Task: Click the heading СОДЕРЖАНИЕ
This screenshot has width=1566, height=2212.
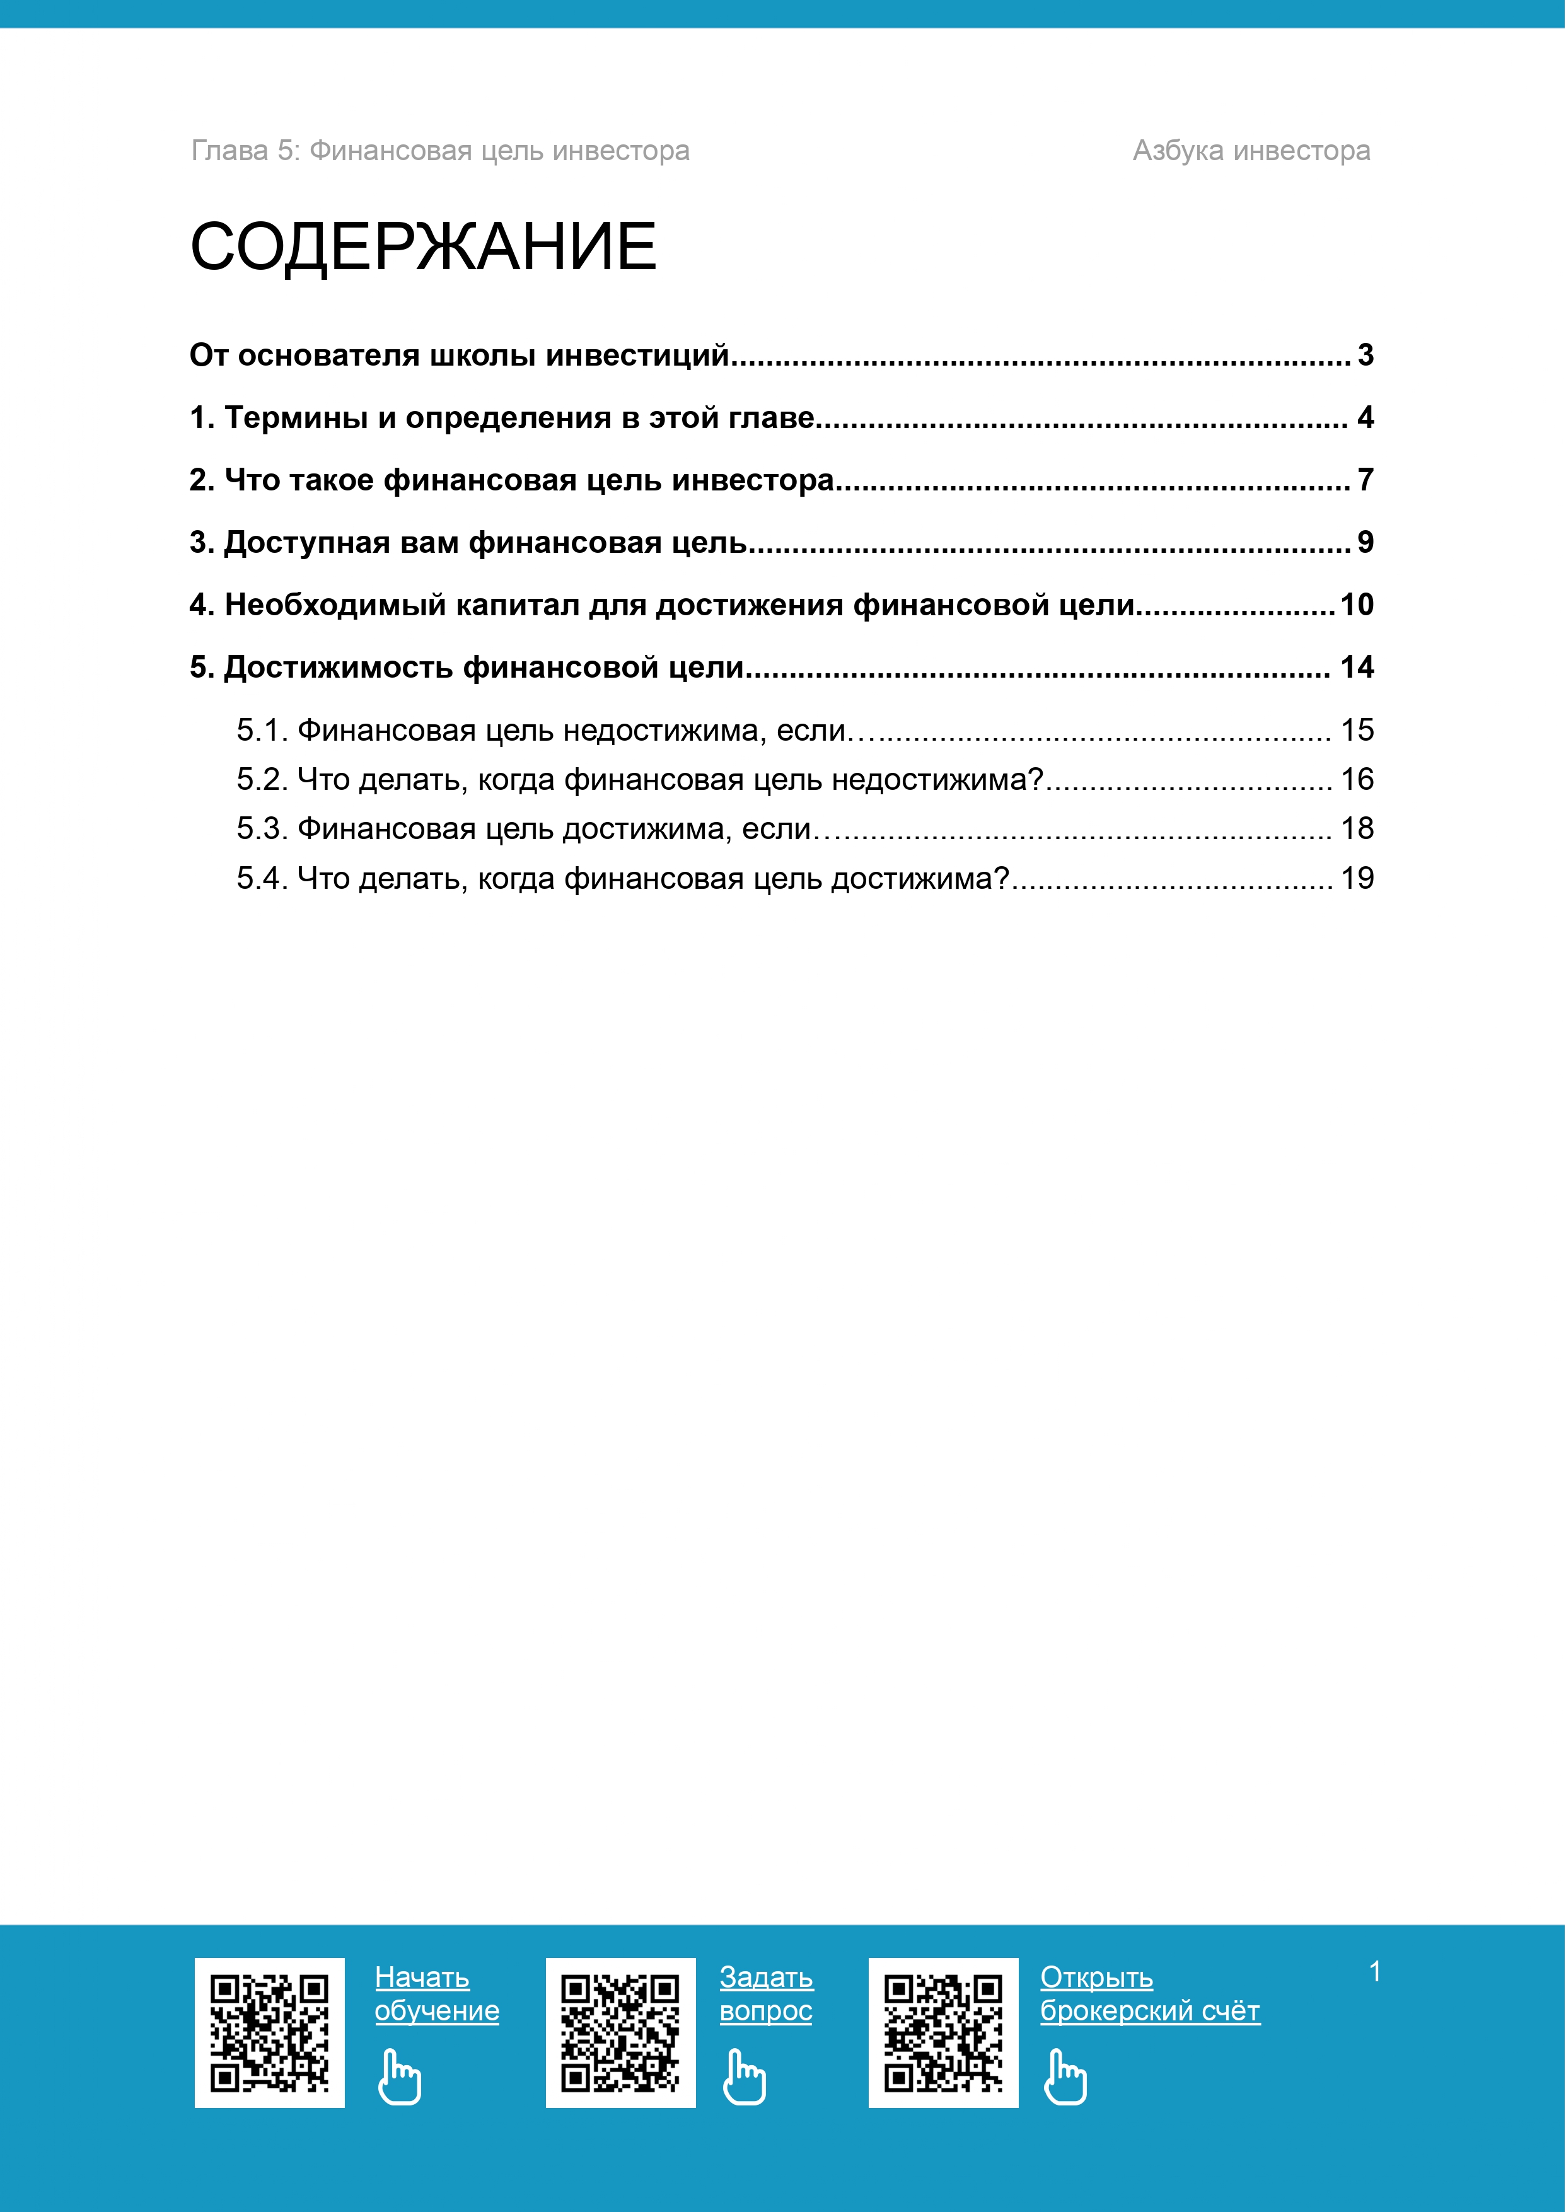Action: (423, 247)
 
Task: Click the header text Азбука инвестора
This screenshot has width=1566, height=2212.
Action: (1251, 151)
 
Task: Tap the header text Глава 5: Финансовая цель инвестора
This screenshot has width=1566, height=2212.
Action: (439, 151)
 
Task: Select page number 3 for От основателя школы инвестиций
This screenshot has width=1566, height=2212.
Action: (1364, 355)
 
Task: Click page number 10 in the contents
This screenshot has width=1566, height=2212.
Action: (1356, 605)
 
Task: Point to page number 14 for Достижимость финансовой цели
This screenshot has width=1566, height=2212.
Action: (1356, 668)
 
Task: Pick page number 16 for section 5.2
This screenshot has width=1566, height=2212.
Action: (1357, 779)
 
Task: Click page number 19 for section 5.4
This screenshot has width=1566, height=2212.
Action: (1357, 879)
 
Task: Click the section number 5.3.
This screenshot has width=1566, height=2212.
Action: (262, 828)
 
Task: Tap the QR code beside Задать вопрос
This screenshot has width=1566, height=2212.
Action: (620, 2032)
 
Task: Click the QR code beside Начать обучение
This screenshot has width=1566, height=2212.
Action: (269, 2032)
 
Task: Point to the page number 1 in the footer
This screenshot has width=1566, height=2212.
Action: (1374, 1972)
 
